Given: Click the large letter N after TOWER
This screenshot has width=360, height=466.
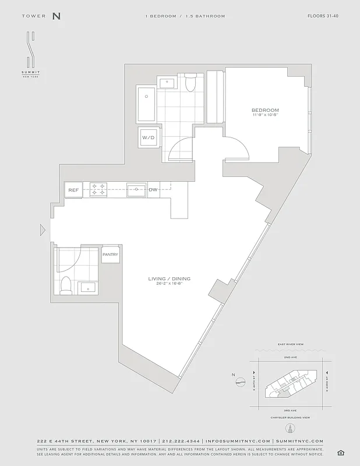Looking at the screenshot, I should click(56, 16).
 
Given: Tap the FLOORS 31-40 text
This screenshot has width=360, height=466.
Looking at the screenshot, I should click(323, 16).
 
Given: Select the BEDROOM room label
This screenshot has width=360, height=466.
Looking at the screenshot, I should click(265, 110).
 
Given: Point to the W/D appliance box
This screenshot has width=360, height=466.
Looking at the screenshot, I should click(148, 138).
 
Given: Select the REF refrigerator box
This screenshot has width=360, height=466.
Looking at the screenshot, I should click(73, 190).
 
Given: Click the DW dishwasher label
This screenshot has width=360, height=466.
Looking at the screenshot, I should click(153, 190).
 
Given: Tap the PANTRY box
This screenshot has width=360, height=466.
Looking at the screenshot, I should click(110, 255).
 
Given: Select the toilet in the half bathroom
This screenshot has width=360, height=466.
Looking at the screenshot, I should click(66, 284).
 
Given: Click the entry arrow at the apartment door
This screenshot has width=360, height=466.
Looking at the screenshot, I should click(42, 231).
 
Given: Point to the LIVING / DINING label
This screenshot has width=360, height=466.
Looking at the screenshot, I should click(169, 279).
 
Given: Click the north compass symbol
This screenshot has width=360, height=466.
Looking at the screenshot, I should click(240, 383).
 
